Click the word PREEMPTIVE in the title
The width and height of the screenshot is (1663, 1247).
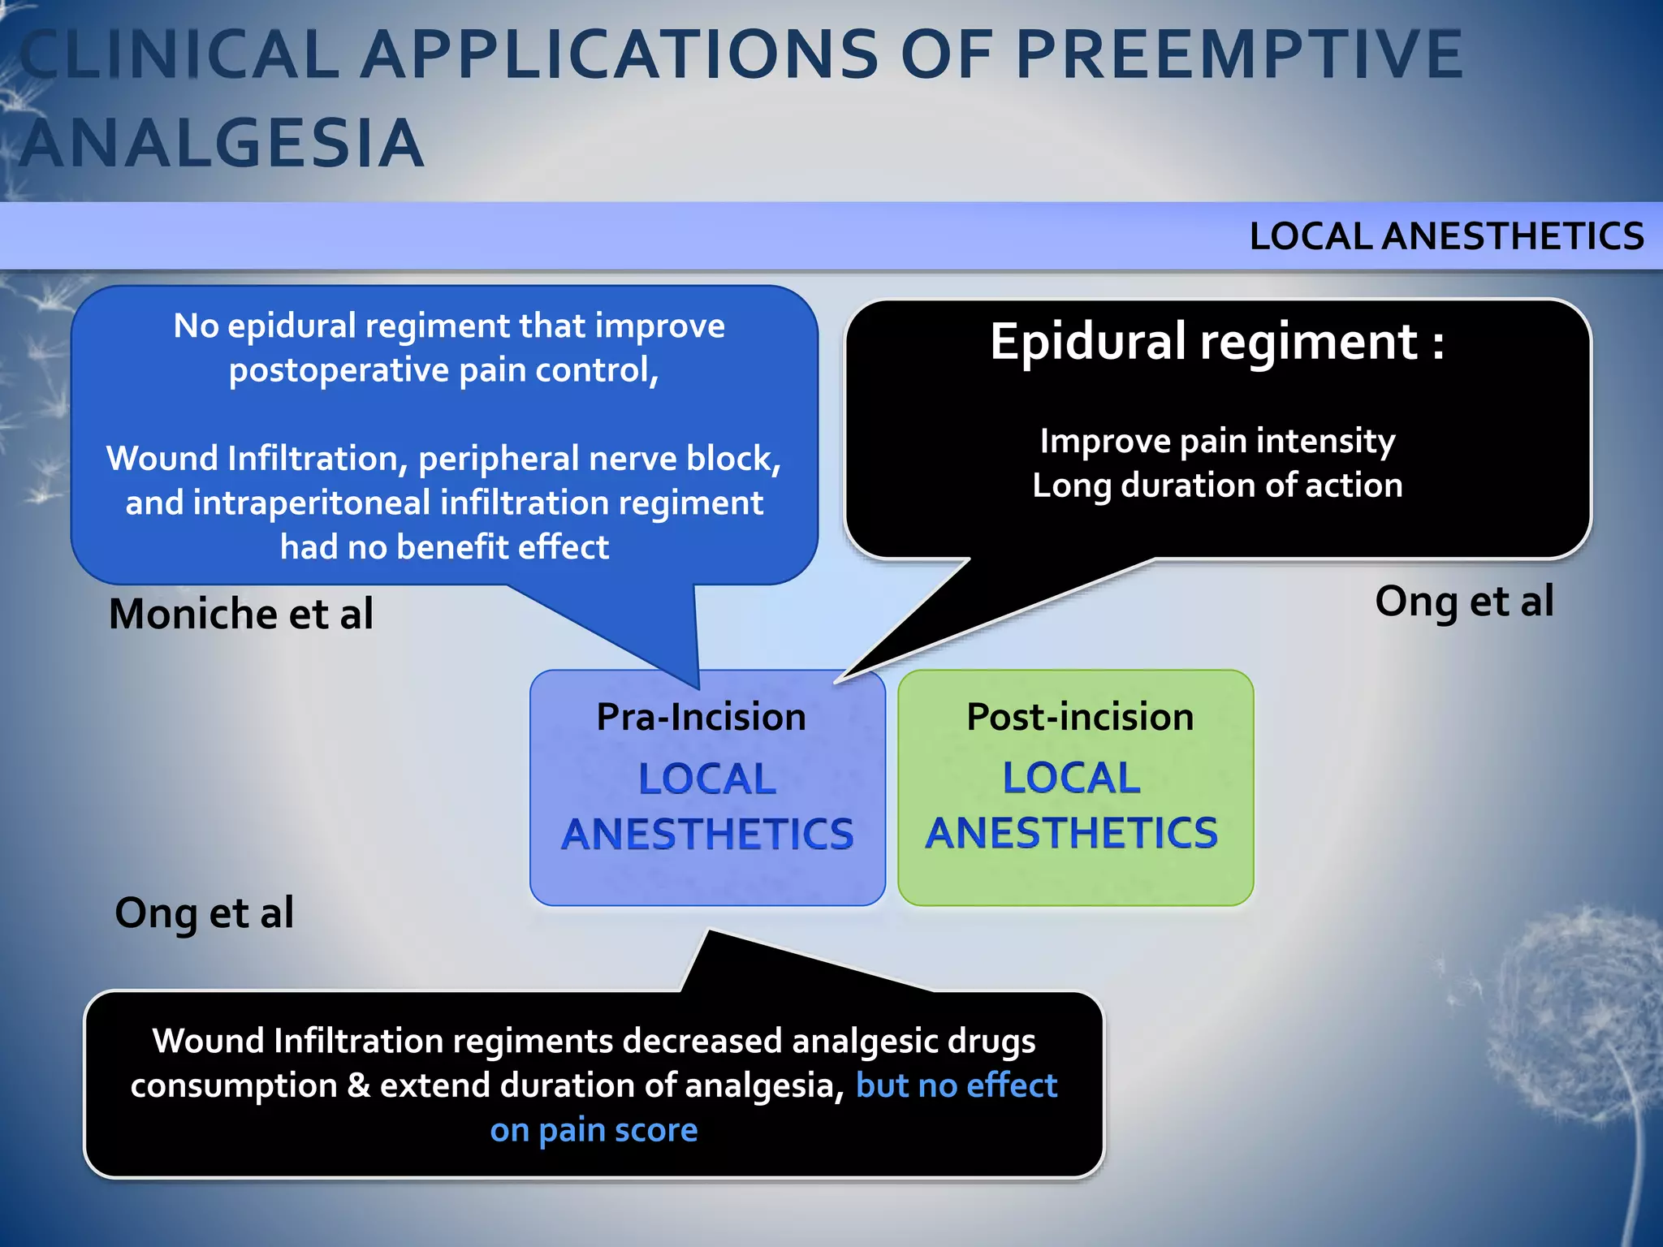pyautogui.click(x=1238, y=55)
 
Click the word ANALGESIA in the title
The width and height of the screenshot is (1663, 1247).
pyautogui.click(x=221, y=144)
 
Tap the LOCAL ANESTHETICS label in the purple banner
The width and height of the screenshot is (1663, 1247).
pyautogui.click(x=1446, y=236)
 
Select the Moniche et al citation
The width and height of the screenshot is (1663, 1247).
pyautogui.click(x=241, y=614)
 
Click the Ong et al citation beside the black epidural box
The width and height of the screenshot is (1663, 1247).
pyautogui.click(x=1464, y=602)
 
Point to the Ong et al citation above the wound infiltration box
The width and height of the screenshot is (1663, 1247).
pyautogui.click(x=204, y=913)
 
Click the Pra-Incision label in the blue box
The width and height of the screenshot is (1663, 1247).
pyautogui.click(x=701, y=717)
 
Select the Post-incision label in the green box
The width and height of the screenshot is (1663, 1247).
pyautogui.click(x=1080, y=717)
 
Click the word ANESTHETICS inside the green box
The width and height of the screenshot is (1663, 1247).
pyautogui.click(x=1072, y=834)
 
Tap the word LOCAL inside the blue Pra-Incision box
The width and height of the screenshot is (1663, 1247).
pyautogui.click(x=706, y=779)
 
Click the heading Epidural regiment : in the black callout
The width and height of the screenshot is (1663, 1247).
pyautogui.click(x=1216, y=341)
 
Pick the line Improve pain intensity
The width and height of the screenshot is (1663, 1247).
pyautogui.click(x=1216, y=441)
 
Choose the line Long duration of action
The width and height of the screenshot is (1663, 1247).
pyautogui.click(x=1216, y=485)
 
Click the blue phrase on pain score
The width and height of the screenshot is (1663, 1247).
pyautogui.click(x=594, y=1130)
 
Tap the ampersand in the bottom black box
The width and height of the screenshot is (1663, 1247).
pyautogui.click(x=358, y=1085)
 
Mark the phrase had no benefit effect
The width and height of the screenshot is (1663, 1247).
pyautogui.click(x=444, y=547)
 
